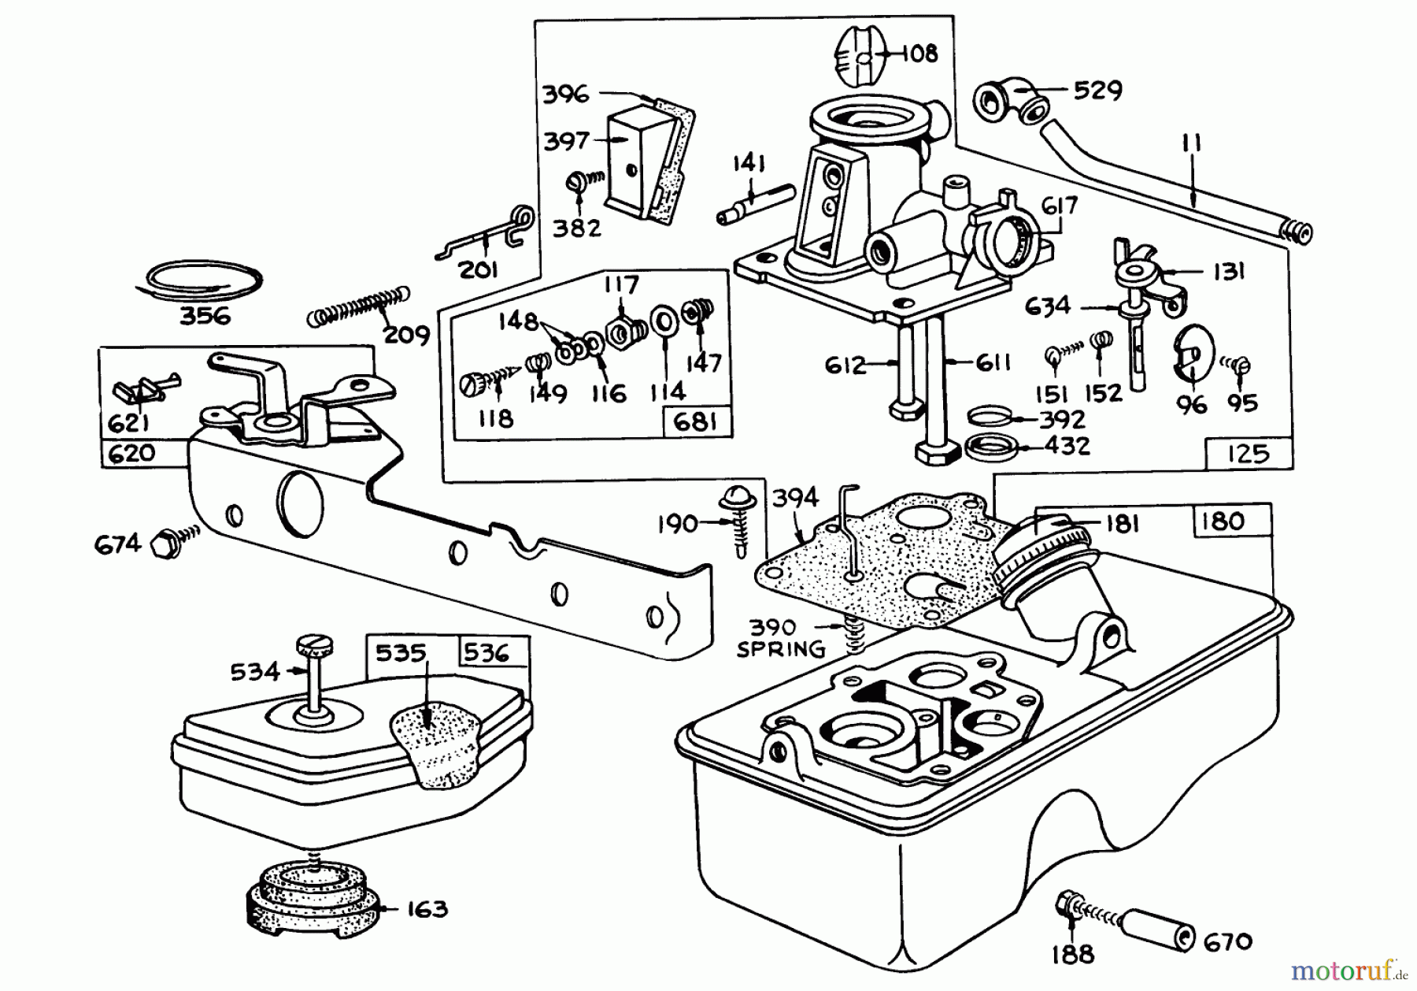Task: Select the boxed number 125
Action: pyautogui.click(x=1248, y=454)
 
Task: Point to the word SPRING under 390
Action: pyautogui.click(x=781, y=649)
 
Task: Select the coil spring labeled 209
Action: pyautogui.click(x=358, y=306)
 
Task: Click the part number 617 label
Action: pyautogui.click(x=1058, y=206)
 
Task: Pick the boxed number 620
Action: pyautogui.click(x=130, y=454)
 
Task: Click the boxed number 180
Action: pyautogui.click(x=1223, y=521)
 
